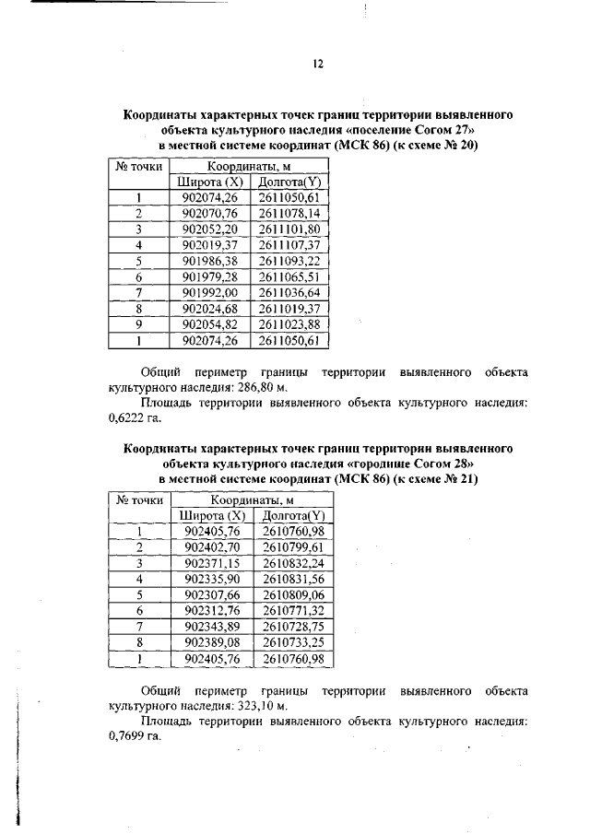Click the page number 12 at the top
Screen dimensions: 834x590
click(x=318, y=64)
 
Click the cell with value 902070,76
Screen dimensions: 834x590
click(x=210, y=212)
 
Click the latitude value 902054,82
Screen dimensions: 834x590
click(x=210, y=325)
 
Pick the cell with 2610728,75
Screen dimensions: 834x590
click(x=293, y=627)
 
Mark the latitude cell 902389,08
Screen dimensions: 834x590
click(x=212, y=643)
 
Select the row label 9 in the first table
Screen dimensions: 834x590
click(x=137, y=325)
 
